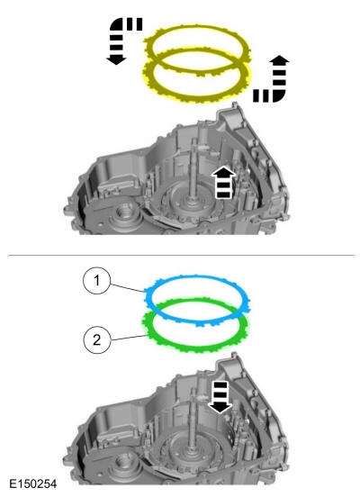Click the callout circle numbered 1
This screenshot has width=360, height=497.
click(x=96, y=281)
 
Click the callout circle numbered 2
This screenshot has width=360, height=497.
click(x=96, y=340)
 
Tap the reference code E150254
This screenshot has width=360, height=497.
click(x=33, y=483)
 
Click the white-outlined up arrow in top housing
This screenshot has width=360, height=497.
click(x=224, y=183)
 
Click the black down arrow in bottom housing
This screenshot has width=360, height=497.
click(x=220, y=397)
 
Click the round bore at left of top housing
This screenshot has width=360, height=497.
click(x=126, y=211)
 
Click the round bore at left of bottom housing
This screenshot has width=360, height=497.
click(x=125, y=462)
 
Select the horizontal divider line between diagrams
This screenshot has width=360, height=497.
click(x=181, y=255)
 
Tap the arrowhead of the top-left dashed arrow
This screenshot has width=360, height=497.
click(x=116, y=60)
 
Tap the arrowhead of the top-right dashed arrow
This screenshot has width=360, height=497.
click(x=279, y=60)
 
